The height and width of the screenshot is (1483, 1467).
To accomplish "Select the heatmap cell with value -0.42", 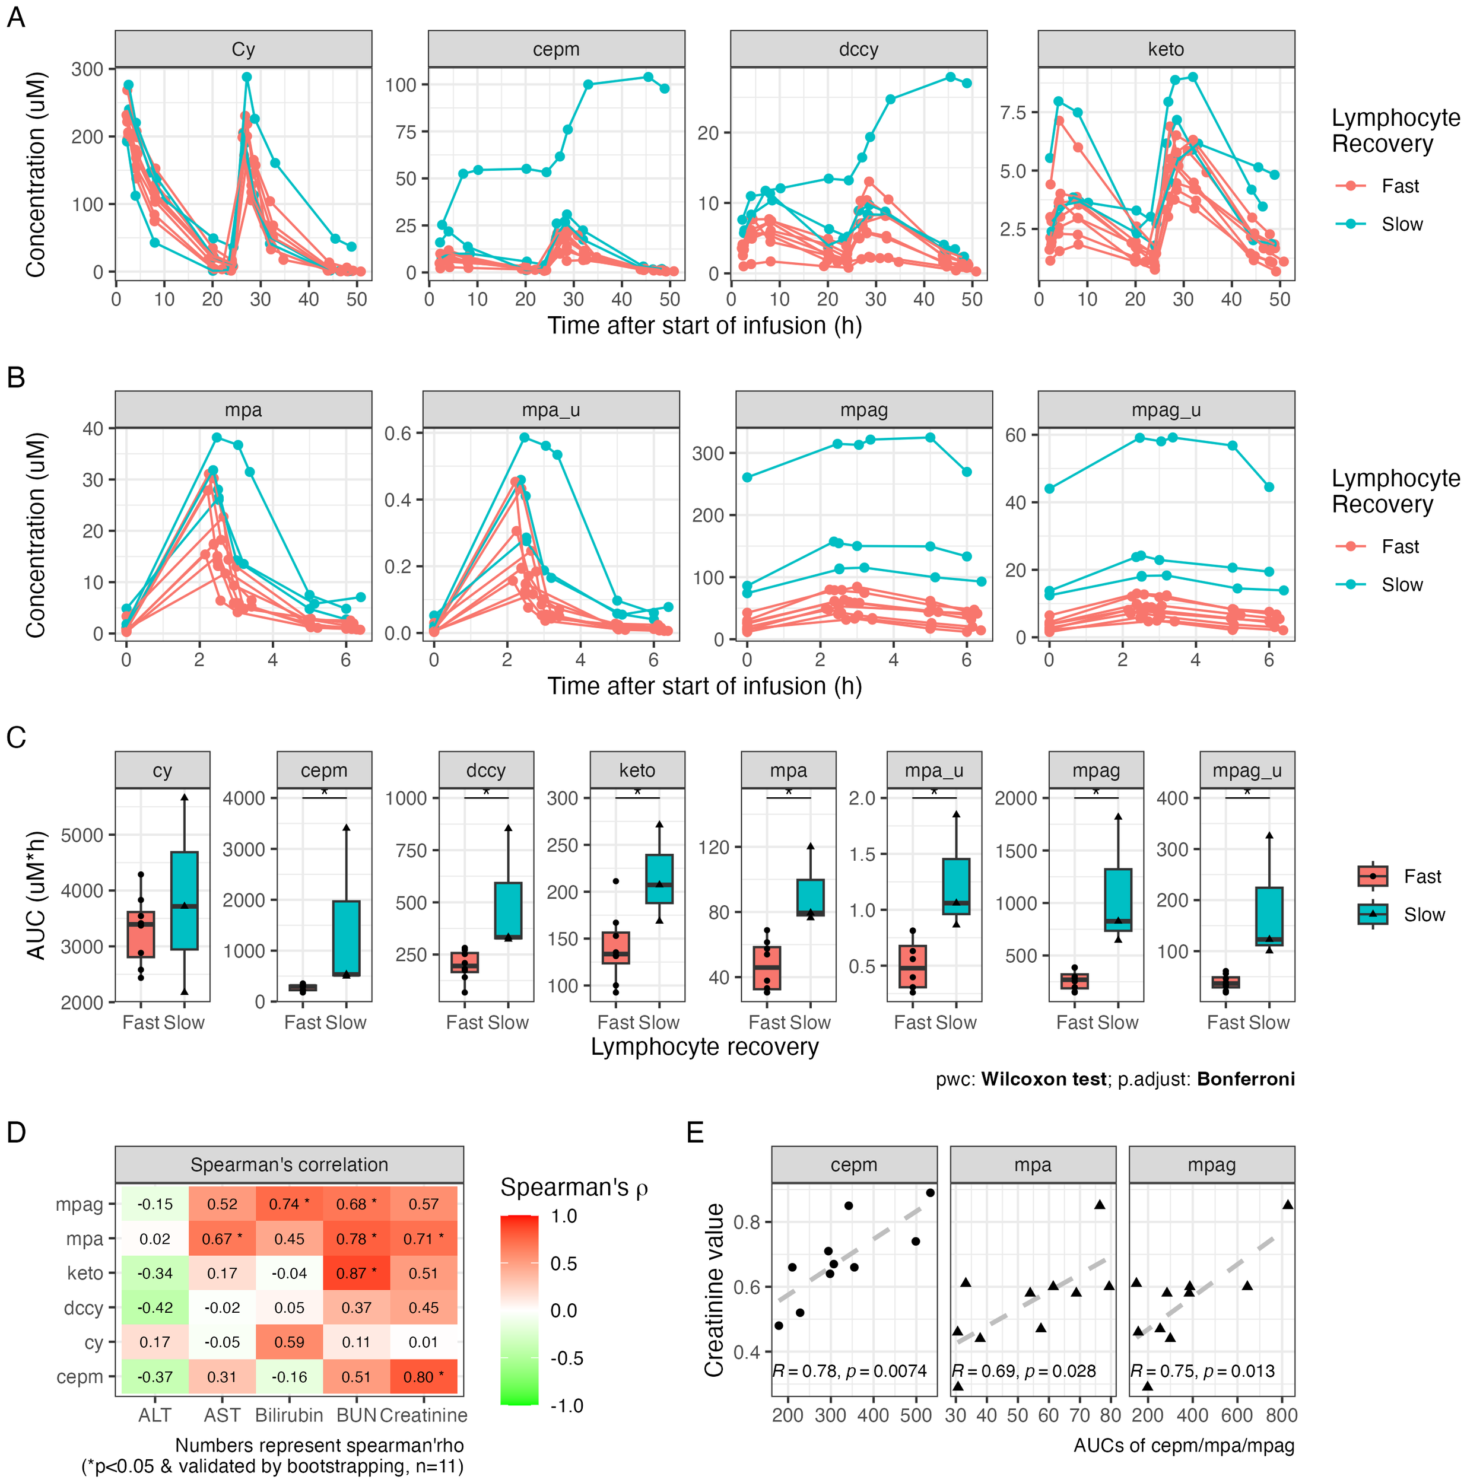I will pyautogui.click(x=155, y=1308).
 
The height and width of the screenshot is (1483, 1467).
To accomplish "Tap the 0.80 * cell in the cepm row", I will pyautogui.click(x=423, y=1377).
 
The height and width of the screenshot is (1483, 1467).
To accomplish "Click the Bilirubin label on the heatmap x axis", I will pyautogui.click(x=289, y=1415).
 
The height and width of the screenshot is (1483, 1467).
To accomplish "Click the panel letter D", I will pyautogui.click(x=16, y=1132).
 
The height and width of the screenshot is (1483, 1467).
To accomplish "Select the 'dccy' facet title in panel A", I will pyautogui.click(x=858, y=49).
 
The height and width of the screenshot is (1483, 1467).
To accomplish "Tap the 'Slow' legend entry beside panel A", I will pyautogui.click(x=1402, y=224).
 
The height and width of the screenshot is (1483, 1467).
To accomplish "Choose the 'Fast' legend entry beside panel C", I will pyautogui.click(x=1422, y=877).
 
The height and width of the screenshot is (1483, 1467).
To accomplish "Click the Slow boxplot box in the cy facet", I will pyautogui.click(x=185, y=900).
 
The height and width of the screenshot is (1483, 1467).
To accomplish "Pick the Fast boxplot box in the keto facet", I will pyautogui.click(x=616, y=947).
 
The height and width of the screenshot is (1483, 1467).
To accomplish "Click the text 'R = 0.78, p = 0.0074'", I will pyautogui.click(x=849, y=1371).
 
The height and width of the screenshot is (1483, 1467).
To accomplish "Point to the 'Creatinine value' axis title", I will pyautogui.click(x=715, y=1290).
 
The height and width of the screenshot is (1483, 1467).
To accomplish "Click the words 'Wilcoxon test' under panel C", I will pyautogui.click(x=1043, y=1079).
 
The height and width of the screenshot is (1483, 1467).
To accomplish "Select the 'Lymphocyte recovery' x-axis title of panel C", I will pyautogui.click(x=704, y=1048).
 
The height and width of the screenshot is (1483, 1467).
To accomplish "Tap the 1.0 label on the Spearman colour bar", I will pyautogui.click(x=564, y=1217).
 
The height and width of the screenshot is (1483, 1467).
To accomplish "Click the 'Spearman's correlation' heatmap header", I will pyautogui.click(x=289, y=1164).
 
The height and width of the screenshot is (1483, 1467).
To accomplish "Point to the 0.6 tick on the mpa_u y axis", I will pyautogui.click(x=398, y=434).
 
